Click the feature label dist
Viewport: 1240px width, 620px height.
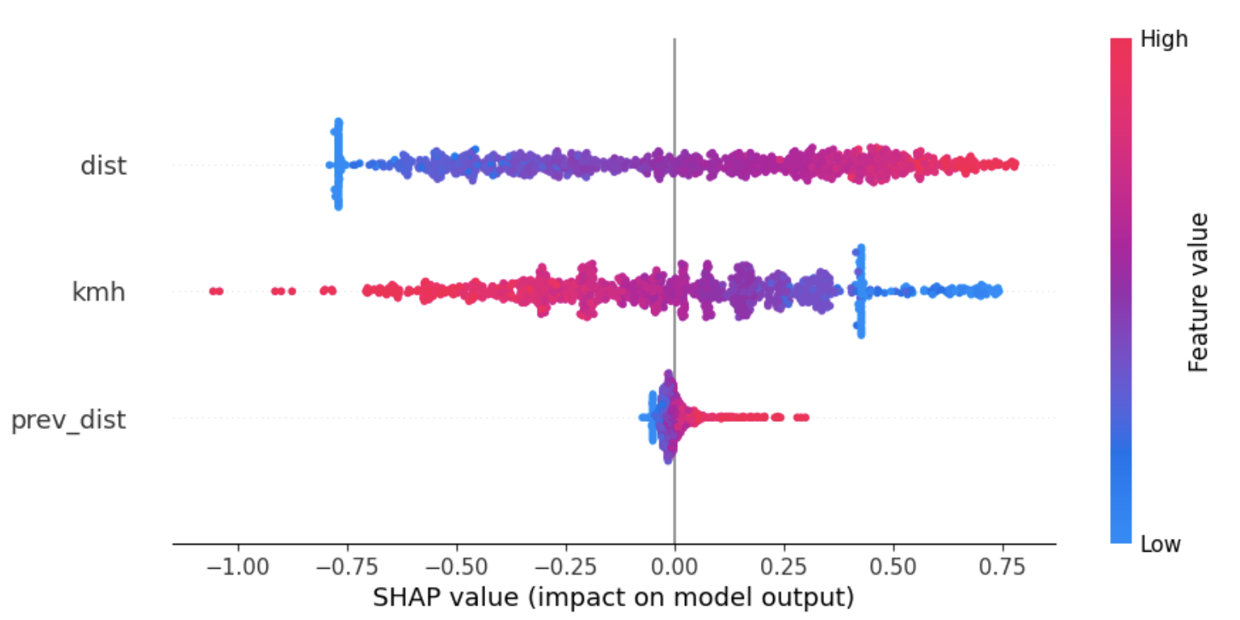click(x=103, y=165)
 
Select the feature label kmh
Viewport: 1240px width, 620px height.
click(x=98, y=292)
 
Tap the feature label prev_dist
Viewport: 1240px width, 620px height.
click(x=68, y=420)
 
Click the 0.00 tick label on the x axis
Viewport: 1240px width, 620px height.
click(x=675, y=566)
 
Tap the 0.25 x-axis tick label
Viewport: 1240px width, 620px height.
click(x=784, y=566)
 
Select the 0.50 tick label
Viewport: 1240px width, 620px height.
click(x=893, y=566)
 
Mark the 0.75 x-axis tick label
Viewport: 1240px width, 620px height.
click(x=1003, y=566)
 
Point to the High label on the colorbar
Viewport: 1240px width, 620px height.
click(x=1164, y=39)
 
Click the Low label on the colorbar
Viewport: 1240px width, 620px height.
click(x=1161, y=544)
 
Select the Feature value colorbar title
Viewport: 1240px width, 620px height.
click(x=1199, y=292)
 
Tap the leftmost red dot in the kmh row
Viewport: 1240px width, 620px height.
click(x=213, y=291)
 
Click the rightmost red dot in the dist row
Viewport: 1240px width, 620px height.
click(x=1013, y=163)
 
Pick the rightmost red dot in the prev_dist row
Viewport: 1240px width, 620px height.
click(x=804, y=417)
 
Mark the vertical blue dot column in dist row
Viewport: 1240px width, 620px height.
click(x=338, y=164)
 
